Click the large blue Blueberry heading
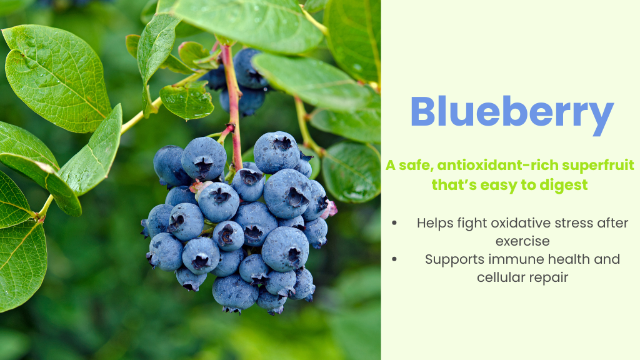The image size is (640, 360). tap(511, 113)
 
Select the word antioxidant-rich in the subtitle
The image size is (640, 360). tap(487, 166)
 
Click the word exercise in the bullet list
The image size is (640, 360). tap(522, 241)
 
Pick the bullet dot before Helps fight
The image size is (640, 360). tap(394, 223)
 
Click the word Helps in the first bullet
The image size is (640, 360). tap(434, 223)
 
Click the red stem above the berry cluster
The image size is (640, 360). tap(234, 100)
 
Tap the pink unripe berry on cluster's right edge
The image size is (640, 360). tap(331, 209)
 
